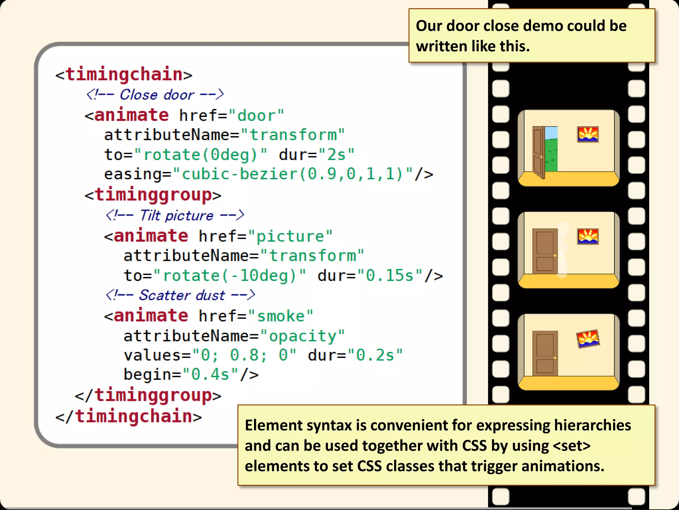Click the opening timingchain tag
pos(124,74)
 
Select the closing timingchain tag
pos(129,416)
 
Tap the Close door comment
pos(155,95)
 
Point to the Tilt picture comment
pos(175,215)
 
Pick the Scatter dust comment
pos(180,295)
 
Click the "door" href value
pos(256,116)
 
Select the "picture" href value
pos(290,236)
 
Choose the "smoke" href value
pos(280,316)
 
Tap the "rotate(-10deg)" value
pos(230,276)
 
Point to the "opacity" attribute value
pos(302,336)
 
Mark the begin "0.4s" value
pos(210,375)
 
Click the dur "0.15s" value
pos(390,276)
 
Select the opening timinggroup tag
pos(153,195)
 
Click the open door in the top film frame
pos(539,152)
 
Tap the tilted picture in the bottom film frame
pos(588,339)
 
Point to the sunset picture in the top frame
pos(587,134)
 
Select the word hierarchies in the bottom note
pos(592,425)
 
